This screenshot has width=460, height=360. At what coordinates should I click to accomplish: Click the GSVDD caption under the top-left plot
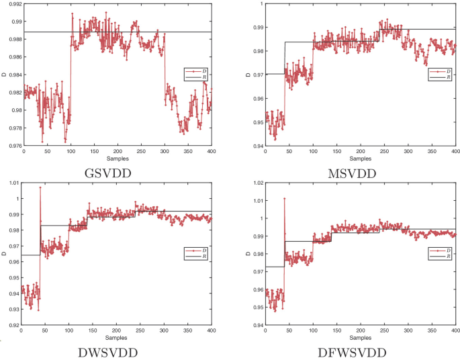tap(118, 171)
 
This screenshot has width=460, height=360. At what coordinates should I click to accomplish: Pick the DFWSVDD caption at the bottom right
tap(361, 351)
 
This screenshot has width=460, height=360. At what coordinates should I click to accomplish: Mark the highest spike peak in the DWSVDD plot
tap(40, 187)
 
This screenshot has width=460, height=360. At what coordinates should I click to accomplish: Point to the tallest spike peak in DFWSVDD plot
tap(284, 198)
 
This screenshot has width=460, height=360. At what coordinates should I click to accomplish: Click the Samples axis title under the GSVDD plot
tap(118, 159)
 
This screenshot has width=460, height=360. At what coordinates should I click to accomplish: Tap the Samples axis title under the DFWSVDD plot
tap(360, 339)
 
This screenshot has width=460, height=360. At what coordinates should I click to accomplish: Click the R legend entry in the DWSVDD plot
tap(199, 256)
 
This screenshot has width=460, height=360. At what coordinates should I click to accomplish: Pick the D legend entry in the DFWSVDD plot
tap(443, 250)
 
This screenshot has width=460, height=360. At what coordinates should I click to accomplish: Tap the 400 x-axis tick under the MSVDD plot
tap(455, 152)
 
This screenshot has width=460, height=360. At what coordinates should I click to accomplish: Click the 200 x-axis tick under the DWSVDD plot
tap(116, 331)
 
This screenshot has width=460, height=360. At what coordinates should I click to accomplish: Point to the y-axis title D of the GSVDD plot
tap(4, 74)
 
